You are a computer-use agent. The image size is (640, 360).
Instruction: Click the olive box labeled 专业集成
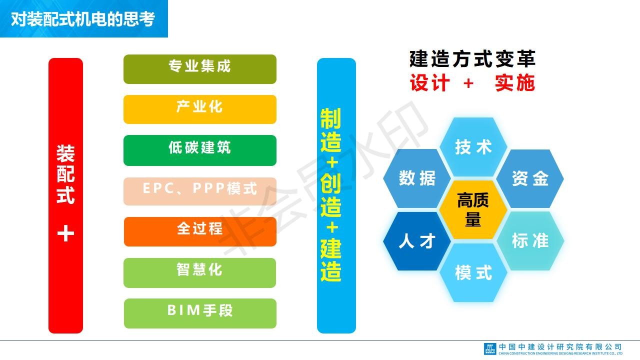pyautogui.click(x=200, y=69)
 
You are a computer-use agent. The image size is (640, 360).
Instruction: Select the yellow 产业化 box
pyautogui.click(x=200, y=109)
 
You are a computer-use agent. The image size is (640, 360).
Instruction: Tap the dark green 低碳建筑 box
pyautogui.click(x=200, y=150)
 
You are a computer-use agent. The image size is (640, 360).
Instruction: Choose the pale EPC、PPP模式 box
pyautogui.click(x=200, y=191)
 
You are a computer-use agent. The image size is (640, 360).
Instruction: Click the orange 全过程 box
pyautogui.click(x=200, y=231)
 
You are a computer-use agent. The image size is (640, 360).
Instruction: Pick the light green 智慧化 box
pyautogui.click(x=200, y=273)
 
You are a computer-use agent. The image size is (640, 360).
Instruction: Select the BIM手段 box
pyautogui.click(x=200, y=313)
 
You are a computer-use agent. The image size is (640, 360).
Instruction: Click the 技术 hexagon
pyautogui.click(x=473, y=147)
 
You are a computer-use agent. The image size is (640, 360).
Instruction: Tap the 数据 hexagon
pyautogui.click(x=417, y=178)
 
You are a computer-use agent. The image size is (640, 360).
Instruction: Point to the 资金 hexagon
pyautogui.click(x=530, y=178)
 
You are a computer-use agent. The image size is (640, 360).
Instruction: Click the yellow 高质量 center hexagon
pyautogui.click(x=473, y=209)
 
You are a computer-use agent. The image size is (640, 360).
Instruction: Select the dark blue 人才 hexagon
pyautogui.click(x=417, y=241)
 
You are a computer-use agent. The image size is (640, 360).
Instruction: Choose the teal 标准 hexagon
pyautogui.click(x=530, y=240)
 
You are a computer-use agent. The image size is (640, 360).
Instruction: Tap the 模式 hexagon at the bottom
pyautogui.click(x=473, y=272)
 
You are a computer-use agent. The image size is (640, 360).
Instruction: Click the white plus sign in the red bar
pyautogui.click(x=65, y=233)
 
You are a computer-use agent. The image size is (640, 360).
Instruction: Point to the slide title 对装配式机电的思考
pyautogui.click(x=83, y=19)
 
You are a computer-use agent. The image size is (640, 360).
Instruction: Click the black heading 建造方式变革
pyautogui.click(x=472, y=59)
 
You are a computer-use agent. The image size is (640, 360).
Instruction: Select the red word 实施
pyautogui.click(x=515, y=83)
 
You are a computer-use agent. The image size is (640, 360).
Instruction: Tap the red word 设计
pyautogui.click(x=430, y=83)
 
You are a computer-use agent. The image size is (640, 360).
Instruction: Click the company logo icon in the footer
pyautogui.click(x=490, y=349)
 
